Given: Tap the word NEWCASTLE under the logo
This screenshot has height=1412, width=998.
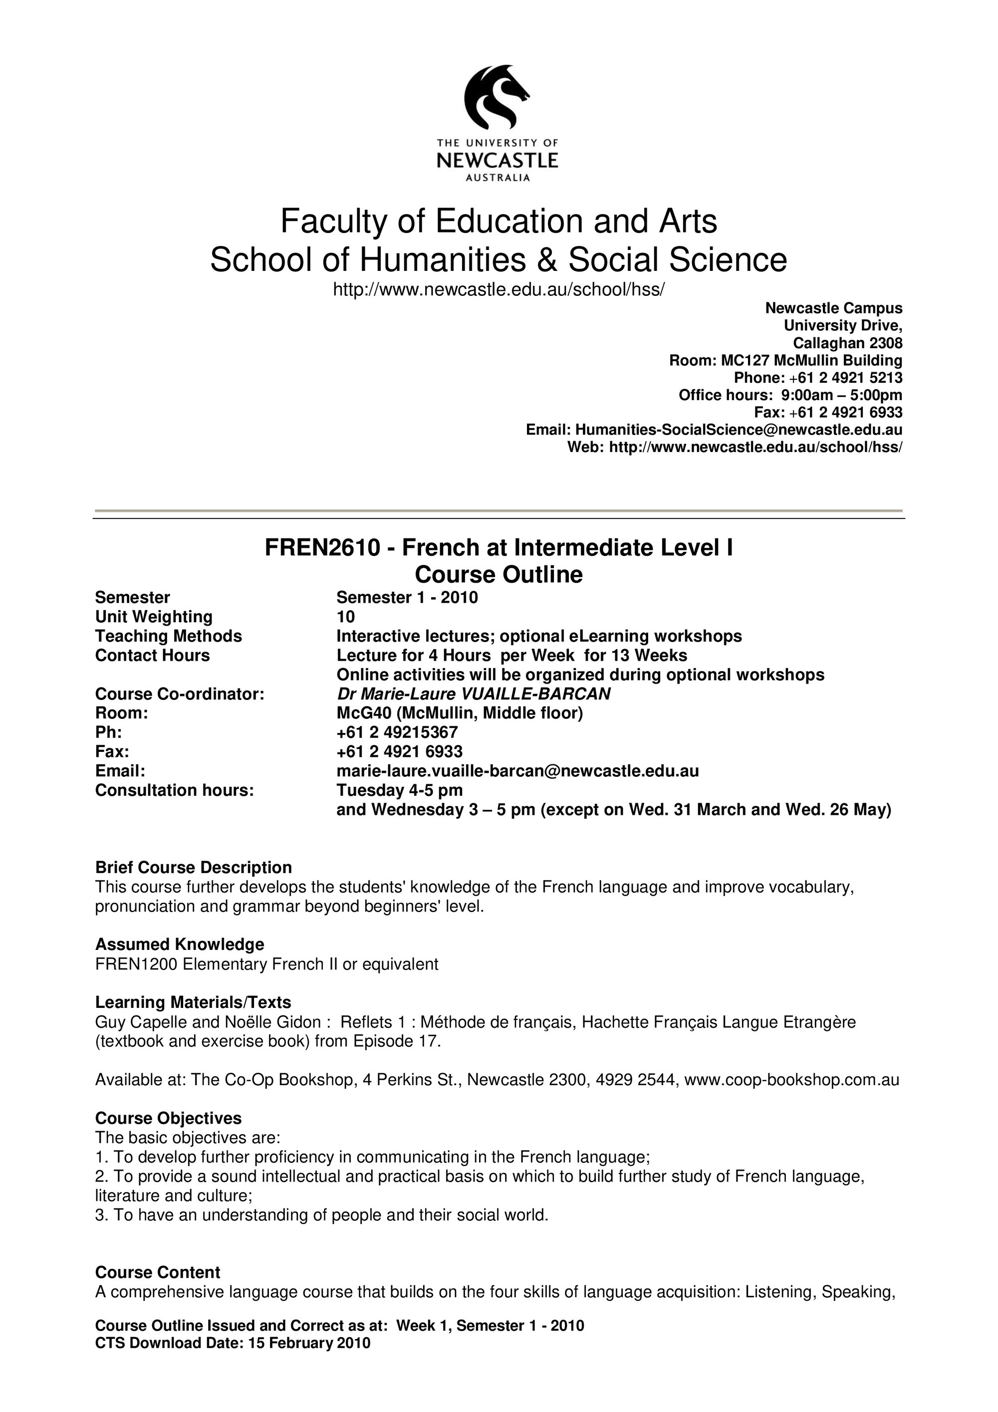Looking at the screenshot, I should coord(497,161).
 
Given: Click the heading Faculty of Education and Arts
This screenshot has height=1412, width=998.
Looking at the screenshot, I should coord(498,222).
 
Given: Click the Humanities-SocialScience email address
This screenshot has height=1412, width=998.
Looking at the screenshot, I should coord(739,429).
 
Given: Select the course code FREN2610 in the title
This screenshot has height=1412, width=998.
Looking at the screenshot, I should coord(323,547).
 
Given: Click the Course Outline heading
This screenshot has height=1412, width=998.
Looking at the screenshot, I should coord(498,574).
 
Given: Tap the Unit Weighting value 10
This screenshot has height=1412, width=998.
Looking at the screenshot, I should coord(346,617).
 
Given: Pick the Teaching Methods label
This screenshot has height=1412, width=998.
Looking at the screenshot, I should coord(169,636).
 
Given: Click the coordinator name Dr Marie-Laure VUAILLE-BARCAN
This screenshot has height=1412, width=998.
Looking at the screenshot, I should coord(474,694).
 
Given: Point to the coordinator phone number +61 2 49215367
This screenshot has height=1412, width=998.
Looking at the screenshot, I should coord(397,732).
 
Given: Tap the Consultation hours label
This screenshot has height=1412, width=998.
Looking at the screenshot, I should coord(174,790).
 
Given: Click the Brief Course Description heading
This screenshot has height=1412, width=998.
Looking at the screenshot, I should coord(193,867).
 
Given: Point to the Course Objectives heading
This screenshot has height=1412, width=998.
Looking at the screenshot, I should coord(168,1118).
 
